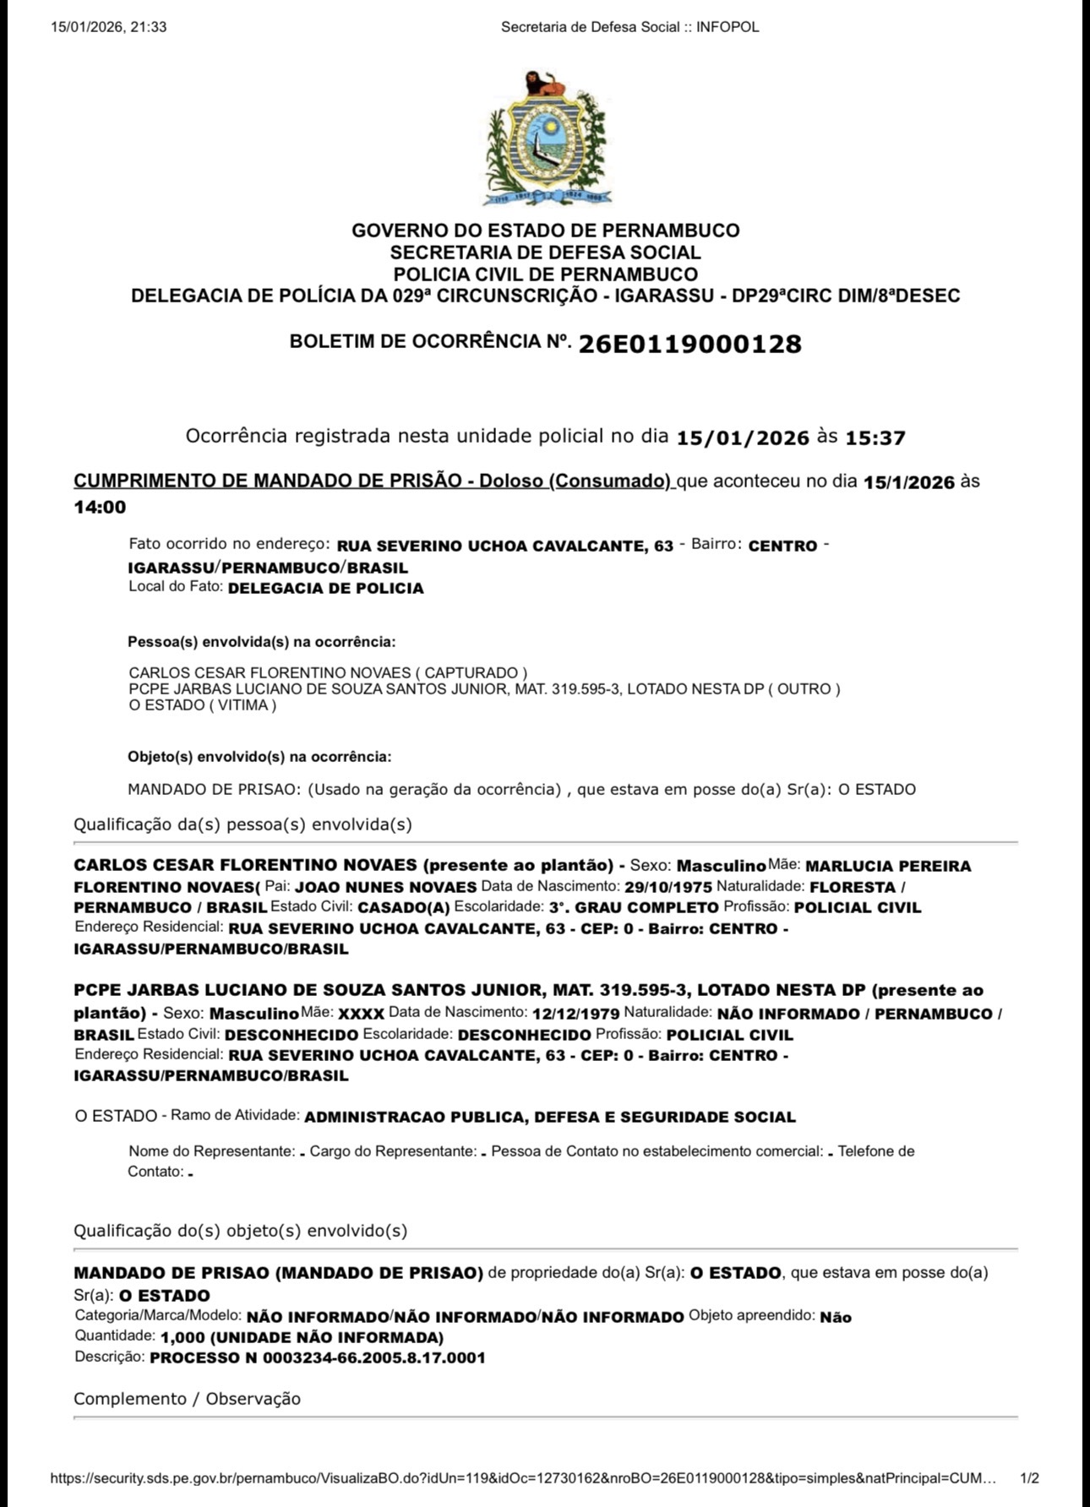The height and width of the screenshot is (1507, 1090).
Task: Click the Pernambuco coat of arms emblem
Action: (x=545, y=139)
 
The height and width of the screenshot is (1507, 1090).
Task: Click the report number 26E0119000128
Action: (x=689, y=344)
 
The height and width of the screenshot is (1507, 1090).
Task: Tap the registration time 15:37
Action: (x=875, y=438)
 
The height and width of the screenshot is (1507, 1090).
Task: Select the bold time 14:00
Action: (x=100, y=507)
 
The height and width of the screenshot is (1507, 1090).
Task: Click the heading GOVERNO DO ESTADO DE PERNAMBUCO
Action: (x=545, y=231)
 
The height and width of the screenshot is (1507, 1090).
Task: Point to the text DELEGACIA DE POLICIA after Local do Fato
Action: (x=325, y=588)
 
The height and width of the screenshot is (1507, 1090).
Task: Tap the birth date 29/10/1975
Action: (x=668, y=887)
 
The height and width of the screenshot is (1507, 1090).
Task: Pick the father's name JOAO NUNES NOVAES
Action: (x=385, y=887)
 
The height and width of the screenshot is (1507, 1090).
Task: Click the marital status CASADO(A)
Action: (x=404, y=907)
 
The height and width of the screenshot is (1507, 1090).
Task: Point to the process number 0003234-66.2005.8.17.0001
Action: (x=373, y=1357)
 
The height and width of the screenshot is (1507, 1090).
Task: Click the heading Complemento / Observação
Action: (x=187, y=1398)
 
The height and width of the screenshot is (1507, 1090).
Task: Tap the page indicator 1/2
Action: (x=1029, y=1478)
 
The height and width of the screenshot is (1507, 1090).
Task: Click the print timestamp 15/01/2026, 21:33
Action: (x=109, y=27)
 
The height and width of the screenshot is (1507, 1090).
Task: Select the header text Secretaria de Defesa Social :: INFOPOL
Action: (x=629, y=27)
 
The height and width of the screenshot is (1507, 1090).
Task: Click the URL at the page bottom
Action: (x=523, y=1478)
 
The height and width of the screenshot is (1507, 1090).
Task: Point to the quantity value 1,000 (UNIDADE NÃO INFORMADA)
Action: (x=302, y=1337)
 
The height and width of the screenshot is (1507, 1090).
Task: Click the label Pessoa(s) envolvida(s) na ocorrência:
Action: (x=261, y=642)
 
